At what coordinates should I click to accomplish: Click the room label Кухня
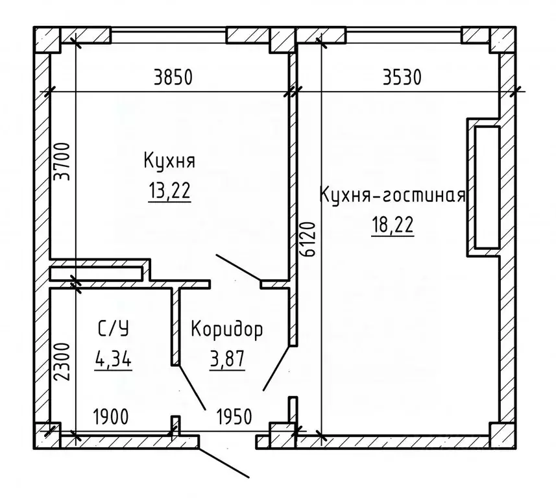(x=170, y=161)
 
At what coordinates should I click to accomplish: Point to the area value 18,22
(x=393, y=227)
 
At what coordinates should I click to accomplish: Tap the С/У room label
(x=114, y=329)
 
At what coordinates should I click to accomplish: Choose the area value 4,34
(x=114, y=359)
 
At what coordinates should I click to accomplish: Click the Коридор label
(x=227, y=330)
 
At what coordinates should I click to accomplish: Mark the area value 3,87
(x=227, y=359)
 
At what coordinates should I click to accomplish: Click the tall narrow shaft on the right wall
(x=487, y=187)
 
